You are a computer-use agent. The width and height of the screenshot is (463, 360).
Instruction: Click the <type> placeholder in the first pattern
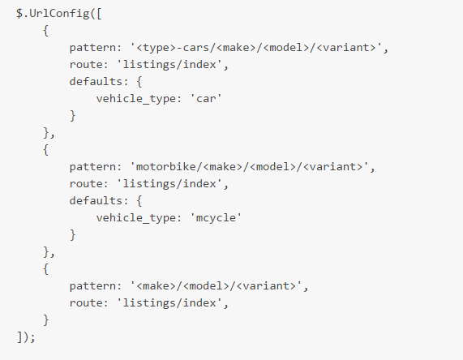pos(156,48)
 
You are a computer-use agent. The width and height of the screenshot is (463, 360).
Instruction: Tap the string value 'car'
pos(206,99)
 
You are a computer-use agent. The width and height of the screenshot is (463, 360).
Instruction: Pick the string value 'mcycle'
pos(216,218)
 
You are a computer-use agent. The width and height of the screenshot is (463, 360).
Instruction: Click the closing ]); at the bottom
pos(26,337)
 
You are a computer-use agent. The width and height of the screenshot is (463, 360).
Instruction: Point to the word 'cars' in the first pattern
pos(196,48)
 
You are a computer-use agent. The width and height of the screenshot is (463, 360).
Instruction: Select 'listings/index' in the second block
pos(169,184)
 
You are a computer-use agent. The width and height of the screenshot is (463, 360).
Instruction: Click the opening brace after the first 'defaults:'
pos(139,82)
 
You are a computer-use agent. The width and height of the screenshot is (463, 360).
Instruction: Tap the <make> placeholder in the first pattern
pos(236,48)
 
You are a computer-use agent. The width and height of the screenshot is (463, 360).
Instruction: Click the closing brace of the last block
pos(45,320)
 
